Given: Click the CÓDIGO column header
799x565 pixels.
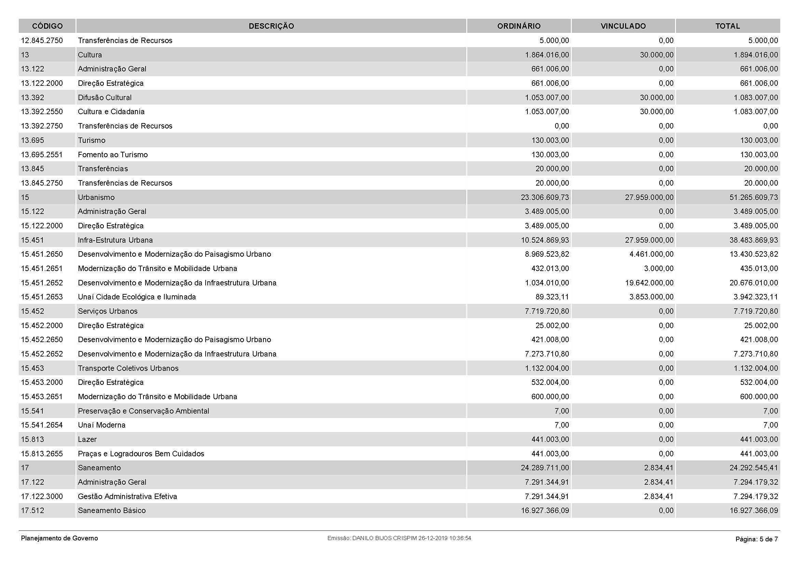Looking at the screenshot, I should coord(47,26).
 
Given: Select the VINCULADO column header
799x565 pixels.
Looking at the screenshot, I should coord(623,26).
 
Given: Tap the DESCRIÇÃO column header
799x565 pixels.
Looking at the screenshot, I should coord(271,26).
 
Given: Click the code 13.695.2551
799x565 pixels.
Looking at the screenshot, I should coord(42,154).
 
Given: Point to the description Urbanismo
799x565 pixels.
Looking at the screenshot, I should coord(96,197).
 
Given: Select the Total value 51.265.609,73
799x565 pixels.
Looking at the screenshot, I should coord(754,197).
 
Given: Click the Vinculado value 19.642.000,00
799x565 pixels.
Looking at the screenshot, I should coord(649,283).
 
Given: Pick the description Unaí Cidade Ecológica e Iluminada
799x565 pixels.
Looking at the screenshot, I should coord(137,297).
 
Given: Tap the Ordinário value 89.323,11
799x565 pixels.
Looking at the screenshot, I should coord(552,297).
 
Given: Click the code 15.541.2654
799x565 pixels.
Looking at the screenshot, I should coord(42,425).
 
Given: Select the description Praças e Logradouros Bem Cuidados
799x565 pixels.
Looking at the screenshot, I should coord(141,454).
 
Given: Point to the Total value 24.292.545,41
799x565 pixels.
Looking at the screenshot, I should coord(754,468).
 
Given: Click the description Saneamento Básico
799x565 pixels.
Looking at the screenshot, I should coord(112,511).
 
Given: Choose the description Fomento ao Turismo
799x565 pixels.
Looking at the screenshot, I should coord(113,154).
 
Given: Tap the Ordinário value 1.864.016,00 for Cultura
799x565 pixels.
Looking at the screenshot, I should coord(547,55).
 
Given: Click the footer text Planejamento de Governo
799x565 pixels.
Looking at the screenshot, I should coord(59,538).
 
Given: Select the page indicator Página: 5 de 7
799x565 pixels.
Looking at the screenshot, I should coord(757,539).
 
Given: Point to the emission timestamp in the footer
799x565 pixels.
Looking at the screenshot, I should coord(399,538).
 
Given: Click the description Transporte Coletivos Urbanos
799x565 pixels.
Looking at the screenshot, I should coord(128,368).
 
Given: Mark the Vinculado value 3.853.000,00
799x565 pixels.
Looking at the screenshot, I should coord(651,297).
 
